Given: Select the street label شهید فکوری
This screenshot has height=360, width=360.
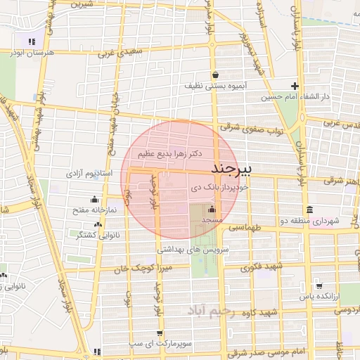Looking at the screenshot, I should click(x=261, y=267).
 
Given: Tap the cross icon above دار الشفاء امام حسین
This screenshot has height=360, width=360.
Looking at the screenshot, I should click(x=295, y=86).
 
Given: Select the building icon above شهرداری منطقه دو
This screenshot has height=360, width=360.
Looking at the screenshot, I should click(x=309, y=210).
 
